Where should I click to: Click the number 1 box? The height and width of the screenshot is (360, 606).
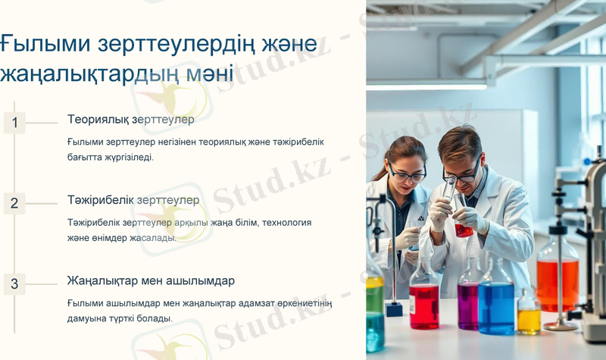pyautogui.click(x=14, y=122)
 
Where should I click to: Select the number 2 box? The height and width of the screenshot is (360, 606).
pyautogui.click(x=14, y=203)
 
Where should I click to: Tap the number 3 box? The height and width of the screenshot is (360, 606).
pyautogui.click(x=14, y=284)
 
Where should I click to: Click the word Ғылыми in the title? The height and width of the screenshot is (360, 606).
pyautogui.click(x=46, y=43)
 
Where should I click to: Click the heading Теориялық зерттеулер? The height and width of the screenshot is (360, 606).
pyautogui.click(x=131, y=119)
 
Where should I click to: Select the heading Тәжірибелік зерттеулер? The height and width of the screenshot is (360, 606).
pyautogui.click(x=133, y=200)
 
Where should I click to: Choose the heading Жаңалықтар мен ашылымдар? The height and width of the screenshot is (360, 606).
pyautogui.click(x=151, y=280)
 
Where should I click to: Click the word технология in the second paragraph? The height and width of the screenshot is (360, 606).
pyautogui.click(x=285, y=223)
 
